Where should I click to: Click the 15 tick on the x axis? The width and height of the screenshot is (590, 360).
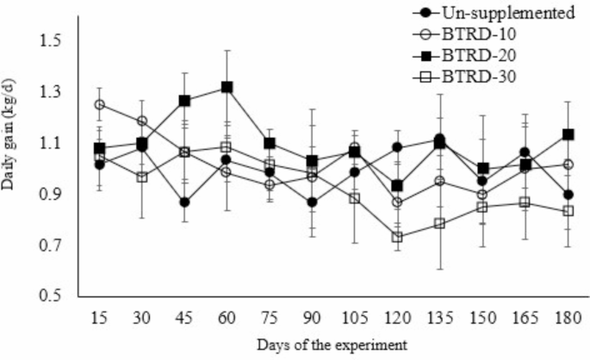coord(100,317)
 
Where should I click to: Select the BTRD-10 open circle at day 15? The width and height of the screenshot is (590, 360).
coord(100,105)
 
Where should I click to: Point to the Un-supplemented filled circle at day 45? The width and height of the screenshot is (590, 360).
coord(184,202)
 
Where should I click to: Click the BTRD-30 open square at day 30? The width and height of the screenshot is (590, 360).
coord(142,177)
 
